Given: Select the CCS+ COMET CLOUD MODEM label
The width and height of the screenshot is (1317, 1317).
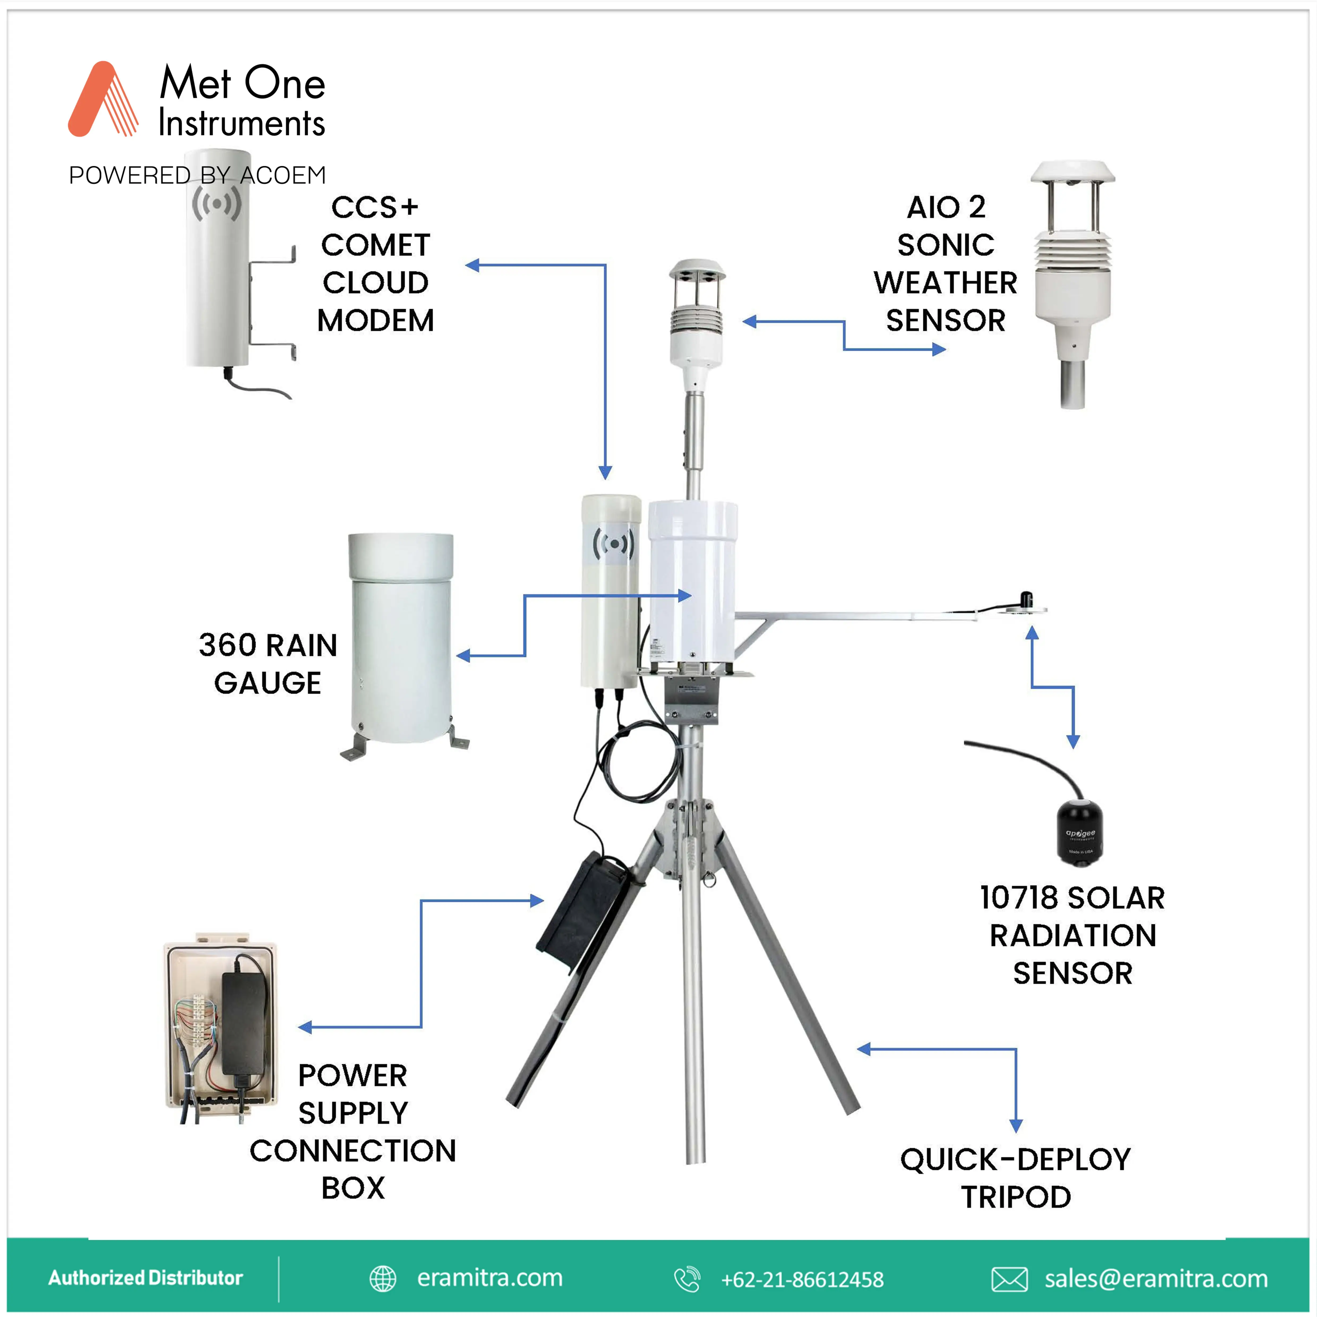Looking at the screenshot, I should click(376, 264).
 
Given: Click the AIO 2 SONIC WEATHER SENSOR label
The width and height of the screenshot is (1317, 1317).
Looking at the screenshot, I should click(946, 264).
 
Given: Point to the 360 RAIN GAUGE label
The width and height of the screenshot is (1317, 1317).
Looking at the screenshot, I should click(268, 663).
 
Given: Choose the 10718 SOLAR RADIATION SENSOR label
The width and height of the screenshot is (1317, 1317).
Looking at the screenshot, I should click(1072, 935).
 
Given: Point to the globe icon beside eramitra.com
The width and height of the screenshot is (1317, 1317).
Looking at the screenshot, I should click(383, 1279).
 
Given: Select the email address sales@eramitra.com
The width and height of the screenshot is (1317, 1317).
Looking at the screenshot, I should click(1156, 1279).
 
